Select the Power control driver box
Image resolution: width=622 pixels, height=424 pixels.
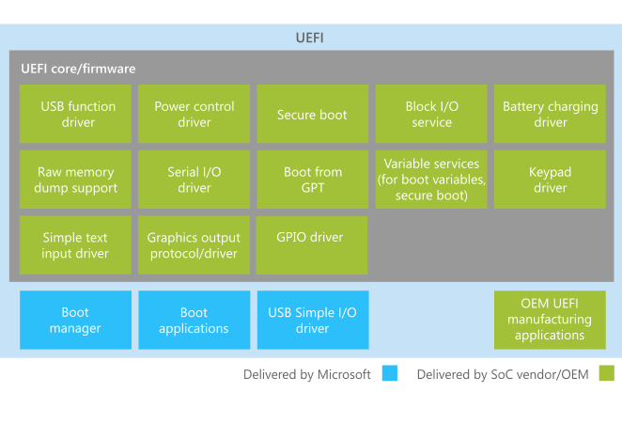[194, 114]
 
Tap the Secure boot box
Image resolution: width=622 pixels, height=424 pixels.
[312, 114]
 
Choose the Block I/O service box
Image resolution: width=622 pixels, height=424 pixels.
[431, 114]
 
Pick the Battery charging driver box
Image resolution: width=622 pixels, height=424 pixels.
[550, 114]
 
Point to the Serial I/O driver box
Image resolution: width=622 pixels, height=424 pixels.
[194, 180]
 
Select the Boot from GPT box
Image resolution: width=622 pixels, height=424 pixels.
[312, 180]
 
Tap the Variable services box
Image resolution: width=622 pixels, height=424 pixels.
[431, 180]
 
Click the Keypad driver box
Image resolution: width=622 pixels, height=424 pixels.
[550, 180]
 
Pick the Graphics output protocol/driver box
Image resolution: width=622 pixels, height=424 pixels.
[194, 245]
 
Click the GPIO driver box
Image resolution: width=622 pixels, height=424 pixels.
[312, 245]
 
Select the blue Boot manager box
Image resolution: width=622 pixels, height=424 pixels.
[76, 321]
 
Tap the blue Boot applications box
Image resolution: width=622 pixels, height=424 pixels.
[194, 321]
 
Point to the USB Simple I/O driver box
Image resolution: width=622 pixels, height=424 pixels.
[312, 321]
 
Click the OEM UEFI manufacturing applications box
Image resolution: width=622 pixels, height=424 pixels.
[550, 321]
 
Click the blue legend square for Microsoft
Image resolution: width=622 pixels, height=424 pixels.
[389, 374]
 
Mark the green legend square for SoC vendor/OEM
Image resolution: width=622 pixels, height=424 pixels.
[606, 374]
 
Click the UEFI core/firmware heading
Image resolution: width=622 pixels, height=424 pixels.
[78, 69]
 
